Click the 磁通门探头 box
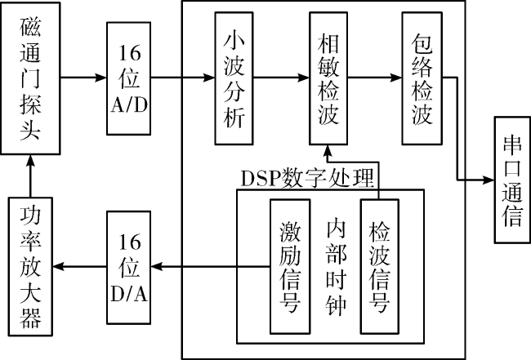[x=30, y=78]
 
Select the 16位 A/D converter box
[x=129, y=78]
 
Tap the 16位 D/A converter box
[x=129, y=267]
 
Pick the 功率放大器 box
[x=30, y=267]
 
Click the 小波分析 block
[x=234, y=78]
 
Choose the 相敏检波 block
[x=328, y=78]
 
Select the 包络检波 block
[x=422, y=78]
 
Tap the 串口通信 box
[x=512, y=180]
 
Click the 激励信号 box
[x=290, y=267]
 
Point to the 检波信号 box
[x=380, y=267]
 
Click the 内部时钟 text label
[x=336, y=267]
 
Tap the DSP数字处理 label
[x=307, y=178]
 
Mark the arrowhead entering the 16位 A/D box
[x=101, y=78]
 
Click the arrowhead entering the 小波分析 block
[x=209, y=78]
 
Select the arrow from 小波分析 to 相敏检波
[x=281, y=78]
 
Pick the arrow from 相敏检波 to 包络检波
[x=375, y=78]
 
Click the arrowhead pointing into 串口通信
[x=489, y=180]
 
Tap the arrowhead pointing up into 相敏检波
[x=328, y=151]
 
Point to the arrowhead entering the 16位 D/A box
[x=157, y=267]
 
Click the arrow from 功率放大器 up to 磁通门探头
[x=31, y=176]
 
